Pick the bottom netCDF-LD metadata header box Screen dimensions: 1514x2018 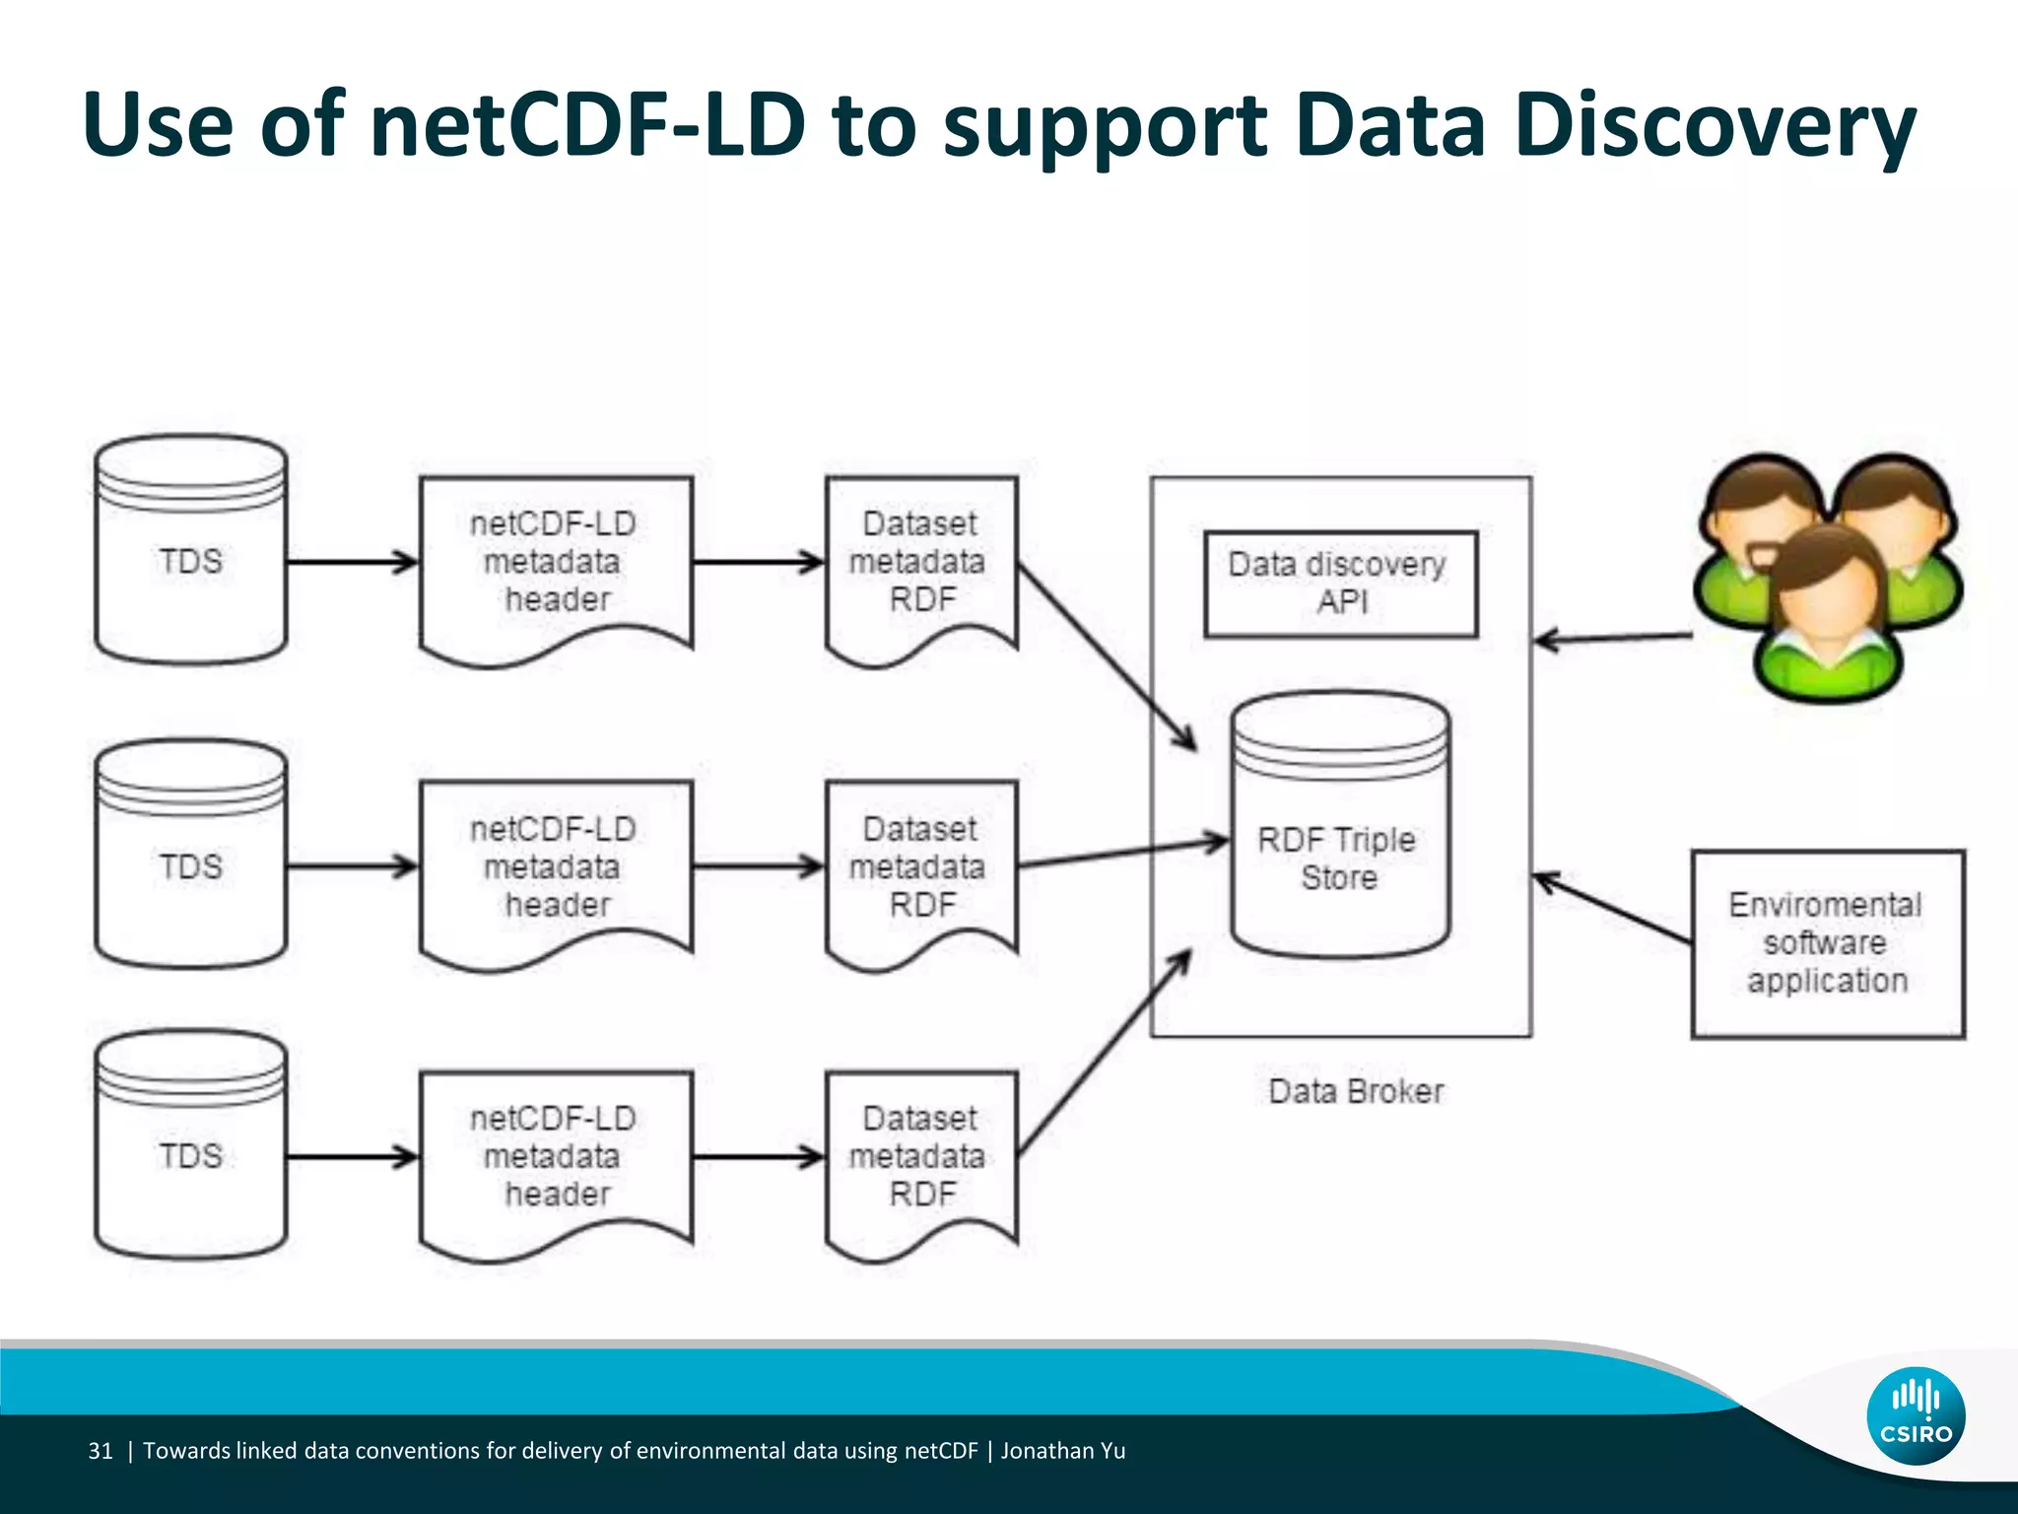coord(556,1155)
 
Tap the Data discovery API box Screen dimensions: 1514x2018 coord(1340,584)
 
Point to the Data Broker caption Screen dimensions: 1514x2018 coord(1356,1091)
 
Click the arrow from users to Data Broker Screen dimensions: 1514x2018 coord(1614,638)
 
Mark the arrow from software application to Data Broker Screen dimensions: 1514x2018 coord(1612,907)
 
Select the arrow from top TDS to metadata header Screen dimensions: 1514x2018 coord(353,562)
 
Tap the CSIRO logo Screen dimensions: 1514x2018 coord(1916,1415)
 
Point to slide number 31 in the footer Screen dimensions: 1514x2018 coord(101,1450)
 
